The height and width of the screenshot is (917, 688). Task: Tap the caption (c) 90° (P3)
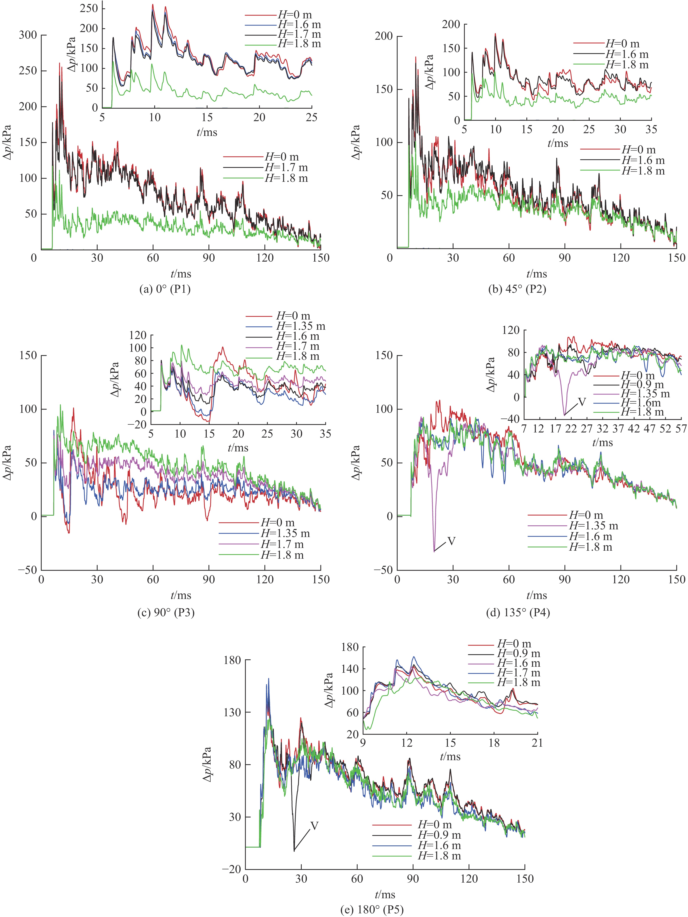click(166, 612)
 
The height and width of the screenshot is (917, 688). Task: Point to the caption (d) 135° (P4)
click(518, 612)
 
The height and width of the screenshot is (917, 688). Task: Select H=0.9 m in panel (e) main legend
click(439, 835)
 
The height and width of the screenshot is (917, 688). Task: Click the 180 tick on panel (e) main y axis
click(232, 660)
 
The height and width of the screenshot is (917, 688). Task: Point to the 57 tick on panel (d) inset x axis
click(681, 429)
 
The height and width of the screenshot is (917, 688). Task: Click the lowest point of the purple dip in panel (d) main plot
click(434, 551)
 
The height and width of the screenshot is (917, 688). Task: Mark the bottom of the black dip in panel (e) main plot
click(294, 851)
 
